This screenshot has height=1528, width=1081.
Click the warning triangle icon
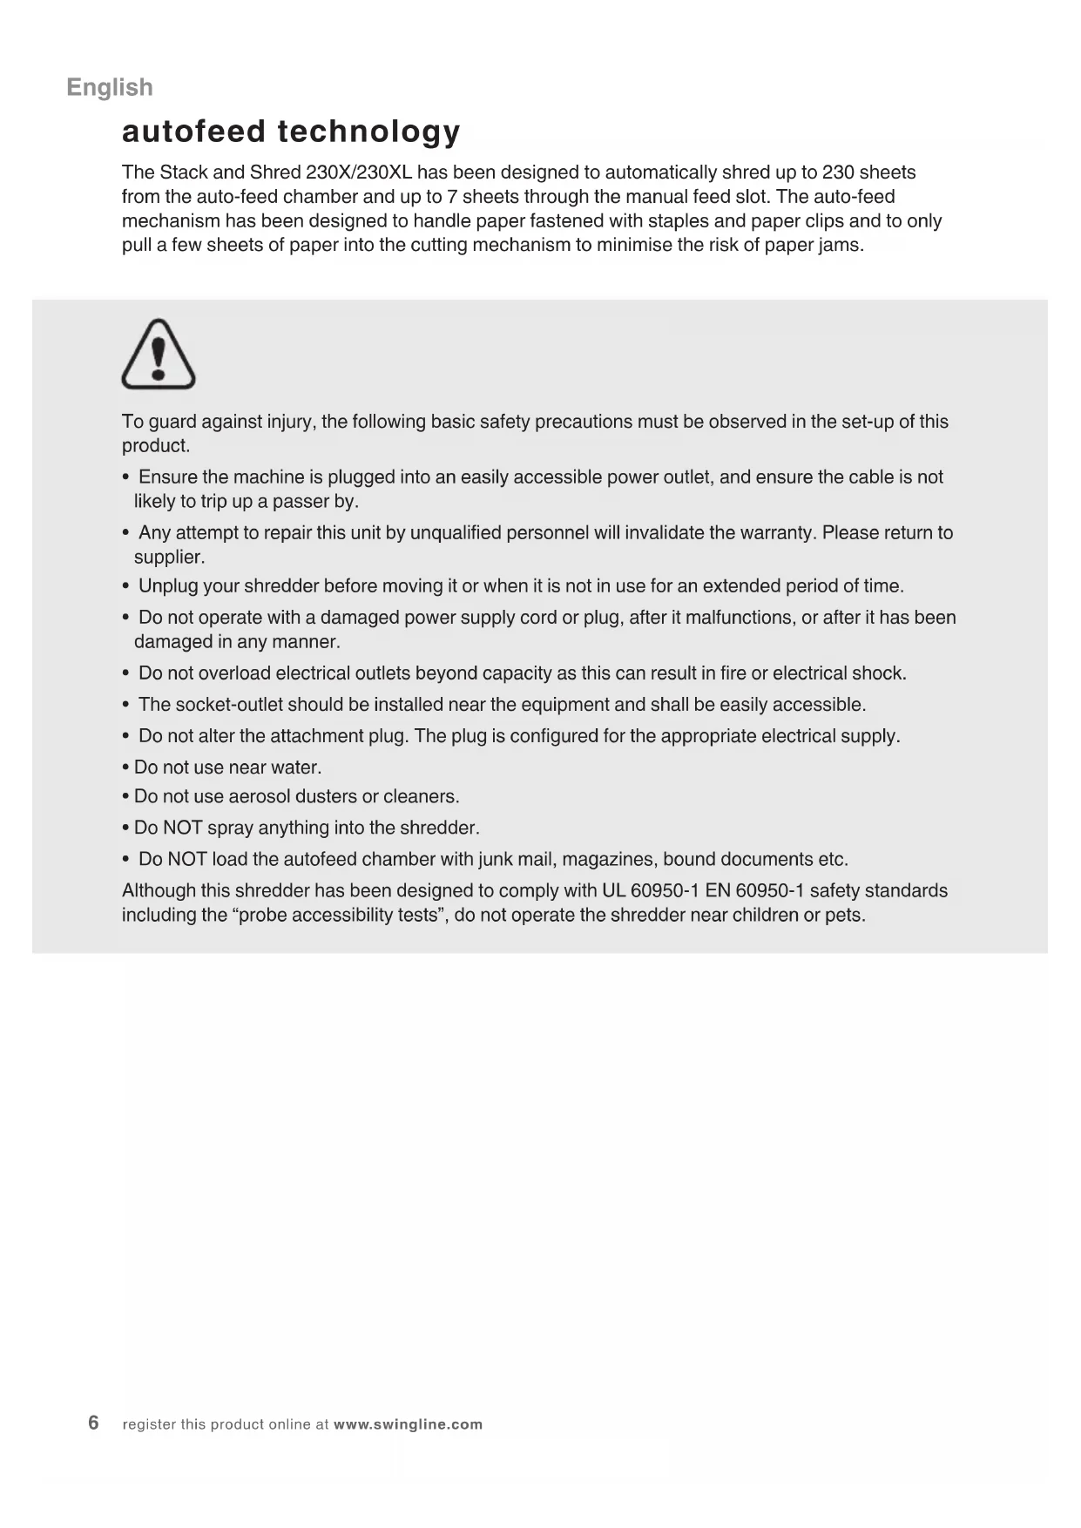[159, 355]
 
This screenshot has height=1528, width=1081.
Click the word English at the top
[110, 87]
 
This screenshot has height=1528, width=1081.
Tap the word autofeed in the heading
[193, 132]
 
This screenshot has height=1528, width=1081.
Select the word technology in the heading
[368, 132]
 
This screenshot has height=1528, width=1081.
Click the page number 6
[93, 1423]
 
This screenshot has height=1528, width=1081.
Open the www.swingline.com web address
[408, 1424]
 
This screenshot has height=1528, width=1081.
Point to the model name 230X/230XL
[359, 172]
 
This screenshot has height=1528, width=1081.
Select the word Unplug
[168, 585]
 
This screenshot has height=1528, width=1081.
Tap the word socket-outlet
[229, 705]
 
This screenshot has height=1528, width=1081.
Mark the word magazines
[609, 859]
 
